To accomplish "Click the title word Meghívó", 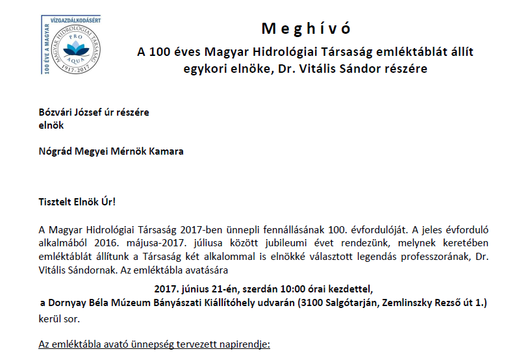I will [x=306, y=29].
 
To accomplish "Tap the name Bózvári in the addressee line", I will [x=56, y=112].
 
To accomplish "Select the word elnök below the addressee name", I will [x=51, y=125].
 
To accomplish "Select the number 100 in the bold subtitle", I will [x=160, y=52].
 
